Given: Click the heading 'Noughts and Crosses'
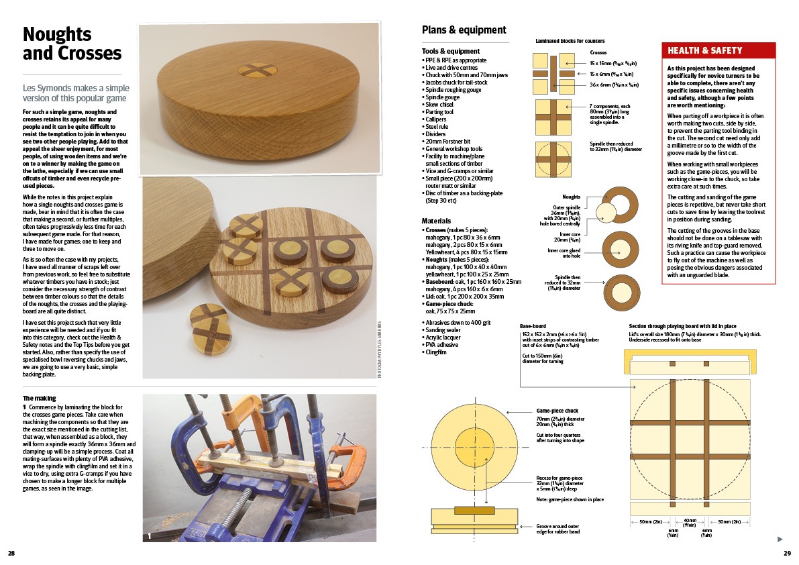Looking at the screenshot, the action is pos(72,44).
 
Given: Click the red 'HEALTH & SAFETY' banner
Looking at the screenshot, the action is pos(718,50).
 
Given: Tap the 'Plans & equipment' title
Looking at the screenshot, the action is pos(464,30).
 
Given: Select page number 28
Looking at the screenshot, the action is pos(11,554).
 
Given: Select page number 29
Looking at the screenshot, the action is pos(788,554).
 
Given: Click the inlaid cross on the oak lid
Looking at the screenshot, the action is pos(258,71).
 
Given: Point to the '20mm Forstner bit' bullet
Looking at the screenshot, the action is pos(448,142).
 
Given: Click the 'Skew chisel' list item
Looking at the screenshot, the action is pos(439,105).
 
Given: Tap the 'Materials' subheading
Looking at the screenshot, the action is pos(436,221).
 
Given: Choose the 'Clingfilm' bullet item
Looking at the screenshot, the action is pos(435,352).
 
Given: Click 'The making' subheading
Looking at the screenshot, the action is pos(39,399).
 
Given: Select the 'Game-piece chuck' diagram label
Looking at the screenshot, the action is pos(557,411).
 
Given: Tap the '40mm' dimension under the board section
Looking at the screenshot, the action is pos(690,521).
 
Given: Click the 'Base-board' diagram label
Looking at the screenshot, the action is pos(533,326).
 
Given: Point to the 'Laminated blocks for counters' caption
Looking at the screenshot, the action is pos(570,41).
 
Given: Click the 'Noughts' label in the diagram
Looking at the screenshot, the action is pos(571,197).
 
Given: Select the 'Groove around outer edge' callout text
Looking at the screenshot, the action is pos(558,529).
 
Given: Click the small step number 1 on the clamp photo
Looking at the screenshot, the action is pos(149,536).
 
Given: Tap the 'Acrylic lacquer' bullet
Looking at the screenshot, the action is pos(443,338).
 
